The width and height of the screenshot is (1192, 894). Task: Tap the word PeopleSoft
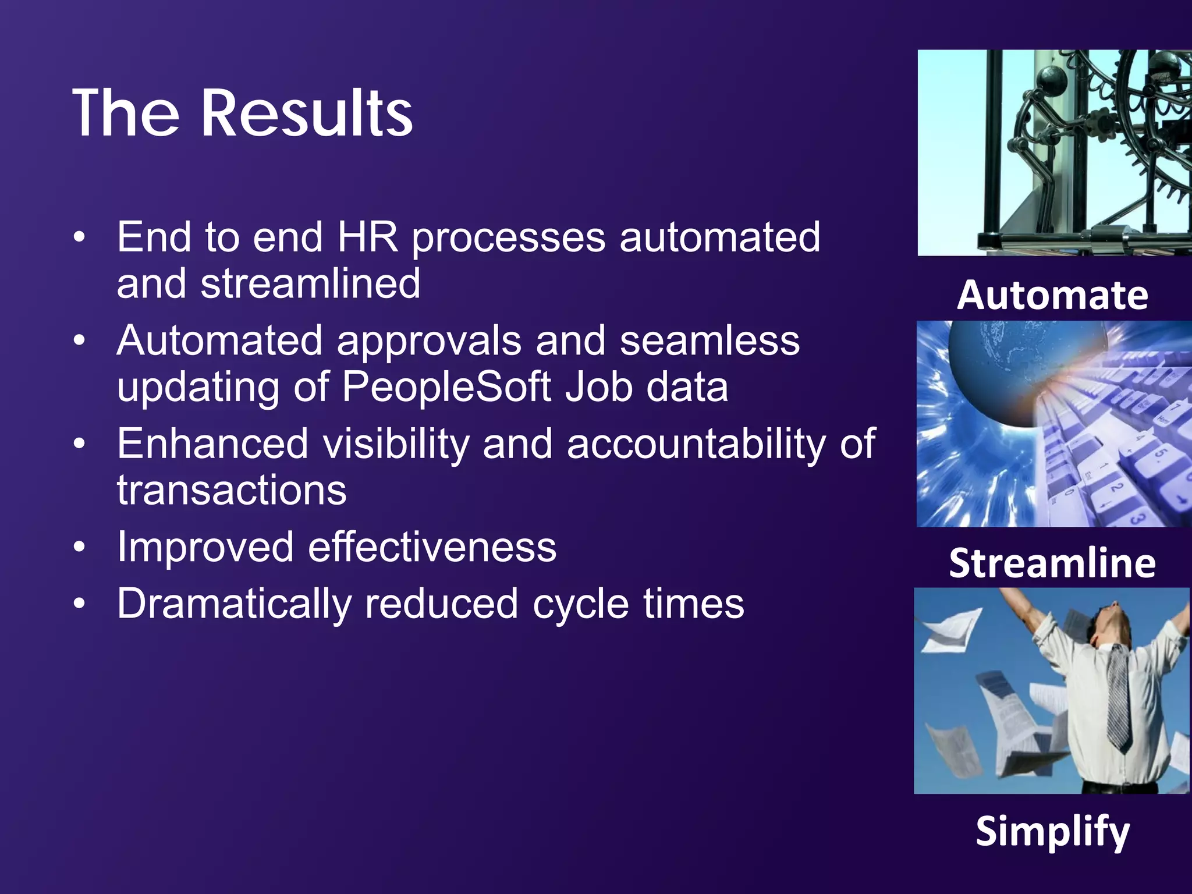click(446, 387)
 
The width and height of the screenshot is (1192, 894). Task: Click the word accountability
click(696, 444)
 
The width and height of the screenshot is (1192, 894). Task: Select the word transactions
click(232, 490)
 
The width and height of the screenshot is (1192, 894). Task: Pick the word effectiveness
click(432, 547)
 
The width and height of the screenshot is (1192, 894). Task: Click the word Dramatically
click(234, 604)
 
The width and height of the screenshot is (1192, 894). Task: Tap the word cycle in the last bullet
click(580, 604)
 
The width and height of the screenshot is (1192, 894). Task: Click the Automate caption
click(1052, 295)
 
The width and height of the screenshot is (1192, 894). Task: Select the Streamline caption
click(1052, 563)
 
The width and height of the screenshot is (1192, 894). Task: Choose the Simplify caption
click(1052, 831)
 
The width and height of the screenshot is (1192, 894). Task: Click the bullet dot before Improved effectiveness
click(80, 547)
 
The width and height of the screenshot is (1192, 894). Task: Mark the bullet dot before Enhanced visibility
click(80, 444)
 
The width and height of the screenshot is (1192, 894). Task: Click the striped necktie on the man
click(1116, 698)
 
